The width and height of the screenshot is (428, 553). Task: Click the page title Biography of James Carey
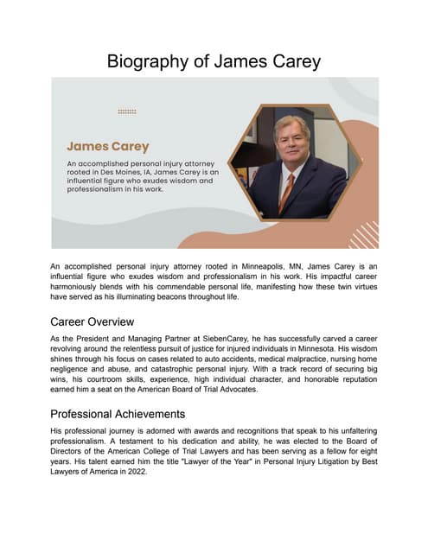tap(214, 61)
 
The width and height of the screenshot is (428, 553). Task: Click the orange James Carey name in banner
tap(108, 146)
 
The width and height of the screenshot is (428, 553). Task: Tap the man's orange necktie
tap(287, 189)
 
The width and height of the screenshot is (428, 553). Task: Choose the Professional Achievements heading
tap(124, 414)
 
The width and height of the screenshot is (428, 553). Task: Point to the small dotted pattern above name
tap(127, 111)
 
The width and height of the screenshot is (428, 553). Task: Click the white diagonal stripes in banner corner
tap(363, 234)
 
